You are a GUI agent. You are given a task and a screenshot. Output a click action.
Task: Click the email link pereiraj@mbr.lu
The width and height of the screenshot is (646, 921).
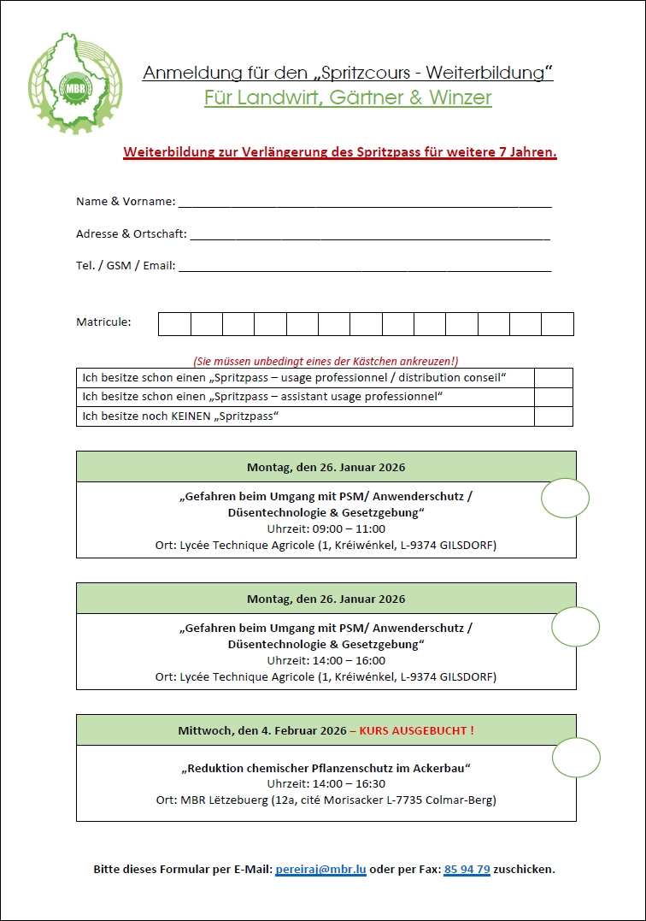click(x=320, y=869)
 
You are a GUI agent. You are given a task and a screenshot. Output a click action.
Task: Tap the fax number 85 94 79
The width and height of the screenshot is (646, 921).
click(x=467, y=869)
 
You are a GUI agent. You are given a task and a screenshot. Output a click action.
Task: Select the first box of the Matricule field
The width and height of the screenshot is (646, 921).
click(x=174, y=324)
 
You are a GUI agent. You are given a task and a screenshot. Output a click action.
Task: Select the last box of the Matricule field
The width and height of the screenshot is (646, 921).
click(x=557, y=324)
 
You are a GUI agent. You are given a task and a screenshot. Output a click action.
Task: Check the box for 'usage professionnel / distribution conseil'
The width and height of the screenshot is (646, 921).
click(x=554, y=378)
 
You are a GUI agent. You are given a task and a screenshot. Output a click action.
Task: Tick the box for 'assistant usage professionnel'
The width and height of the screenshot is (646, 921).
click(x=554, y=397)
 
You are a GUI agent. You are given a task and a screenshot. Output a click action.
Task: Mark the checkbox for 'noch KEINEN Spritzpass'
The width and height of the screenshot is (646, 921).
click(x=554, y=416)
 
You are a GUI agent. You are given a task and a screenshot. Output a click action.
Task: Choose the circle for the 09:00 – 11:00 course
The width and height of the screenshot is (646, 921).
click(x=566, y=498)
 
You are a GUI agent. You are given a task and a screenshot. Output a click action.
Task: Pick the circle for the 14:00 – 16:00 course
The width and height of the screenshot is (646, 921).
click(x=575, y=627)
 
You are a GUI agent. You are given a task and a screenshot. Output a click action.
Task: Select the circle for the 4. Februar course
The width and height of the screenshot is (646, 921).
click(x=576, y=757)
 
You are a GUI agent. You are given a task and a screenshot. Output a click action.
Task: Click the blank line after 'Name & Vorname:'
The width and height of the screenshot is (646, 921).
click(x=365, y=203)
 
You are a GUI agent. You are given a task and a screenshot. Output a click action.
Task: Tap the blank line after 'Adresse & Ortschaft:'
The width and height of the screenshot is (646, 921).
click(x=369, y=234)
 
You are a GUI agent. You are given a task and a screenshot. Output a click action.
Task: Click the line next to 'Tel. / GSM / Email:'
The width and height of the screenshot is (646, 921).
click(x=365, y=266)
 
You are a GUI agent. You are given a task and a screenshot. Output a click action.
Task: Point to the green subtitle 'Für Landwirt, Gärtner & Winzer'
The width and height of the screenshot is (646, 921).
click(x=348, y=97)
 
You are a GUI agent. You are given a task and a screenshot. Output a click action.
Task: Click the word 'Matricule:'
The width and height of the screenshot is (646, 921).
click(x=103, y=322)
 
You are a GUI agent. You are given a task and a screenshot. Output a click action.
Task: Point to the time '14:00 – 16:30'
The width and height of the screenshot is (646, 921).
click(x=326, y=783)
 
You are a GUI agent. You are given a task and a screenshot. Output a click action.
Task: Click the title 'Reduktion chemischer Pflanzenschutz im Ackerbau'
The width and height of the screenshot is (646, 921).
click(x=326, y=768)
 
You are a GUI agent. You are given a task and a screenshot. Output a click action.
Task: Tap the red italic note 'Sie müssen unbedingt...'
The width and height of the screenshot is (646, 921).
click(x=326, y=361)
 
